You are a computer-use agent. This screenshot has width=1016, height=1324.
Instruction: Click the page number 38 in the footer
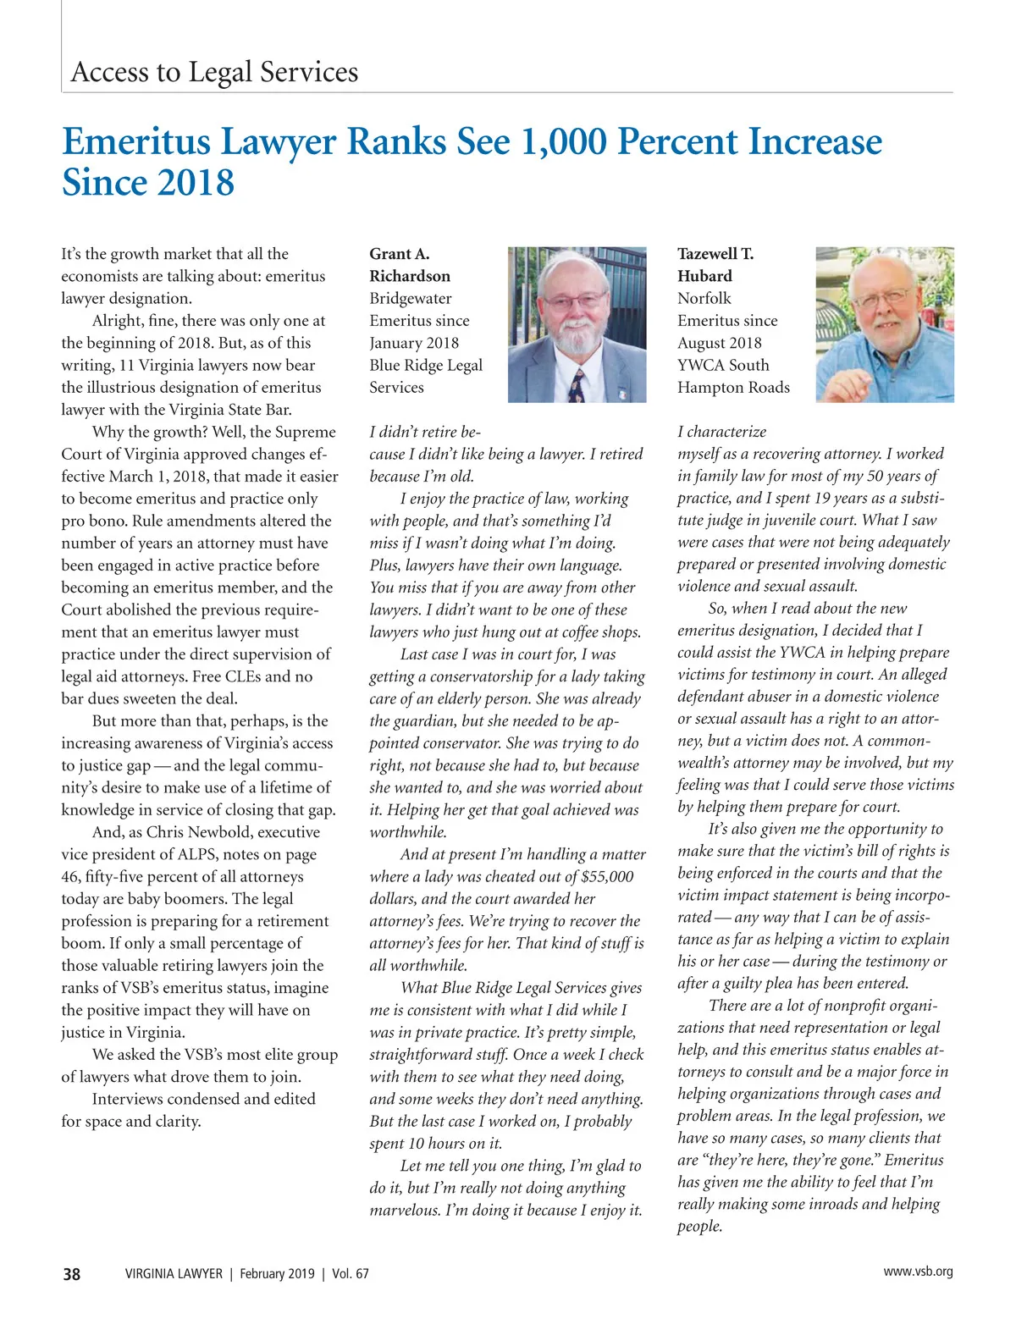(x=72, y=1273)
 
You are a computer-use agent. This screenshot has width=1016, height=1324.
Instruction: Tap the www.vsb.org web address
(x=918, y=1271)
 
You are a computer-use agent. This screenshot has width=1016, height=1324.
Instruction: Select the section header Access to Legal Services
(x=214, y=72)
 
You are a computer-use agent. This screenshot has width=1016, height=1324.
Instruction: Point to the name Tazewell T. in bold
(x=715, y=253)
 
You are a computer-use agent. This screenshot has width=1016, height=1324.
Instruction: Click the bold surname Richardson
(x=410, y=276)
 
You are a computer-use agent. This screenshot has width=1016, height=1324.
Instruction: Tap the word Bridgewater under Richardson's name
(x=411, y=298)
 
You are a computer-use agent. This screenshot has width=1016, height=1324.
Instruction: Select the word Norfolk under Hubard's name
(x=704, y=298)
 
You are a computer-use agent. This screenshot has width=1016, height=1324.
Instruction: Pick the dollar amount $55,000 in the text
(x=603, y=876)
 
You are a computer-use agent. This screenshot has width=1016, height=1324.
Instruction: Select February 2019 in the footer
(x=277, y=1273)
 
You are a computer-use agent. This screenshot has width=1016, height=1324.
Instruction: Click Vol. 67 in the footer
(x=350, y=1273)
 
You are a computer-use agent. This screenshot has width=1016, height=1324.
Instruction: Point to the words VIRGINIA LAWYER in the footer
(x=174, y=1273)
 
